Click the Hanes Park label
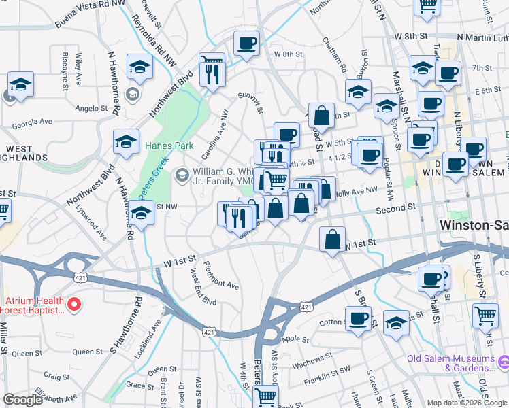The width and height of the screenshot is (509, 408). point(169,146)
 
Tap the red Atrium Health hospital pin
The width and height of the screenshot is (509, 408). point(76,305)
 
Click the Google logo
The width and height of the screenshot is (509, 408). point(22,399)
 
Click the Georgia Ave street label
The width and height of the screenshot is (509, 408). point(32,122)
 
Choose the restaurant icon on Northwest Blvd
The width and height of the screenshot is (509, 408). point(212,70)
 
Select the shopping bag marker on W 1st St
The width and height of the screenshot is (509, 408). point(332,239)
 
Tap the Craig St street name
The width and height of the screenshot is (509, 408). point(56,375)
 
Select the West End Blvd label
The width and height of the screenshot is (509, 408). point(203,286)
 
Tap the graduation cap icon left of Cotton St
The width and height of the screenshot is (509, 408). point(396,322)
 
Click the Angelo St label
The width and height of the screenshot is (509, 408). point(92,108)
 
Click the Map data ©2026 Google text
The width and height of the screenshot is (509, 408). point(467,403)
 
